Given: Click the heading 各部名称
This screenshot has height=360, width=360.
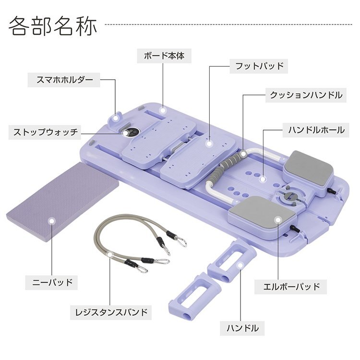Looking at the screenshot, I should tap(53, 26).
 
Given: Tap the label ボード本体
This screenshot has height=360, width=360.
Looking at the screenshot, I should tap(164, 56).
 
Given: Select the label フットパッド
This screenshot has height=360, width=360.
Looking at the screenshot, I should tap(259, 66).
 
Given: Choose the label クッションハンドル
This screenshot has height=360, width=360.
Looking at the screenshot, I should tap(306, 95).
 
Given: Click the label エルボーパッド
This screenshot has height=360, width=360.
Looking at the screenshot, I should tap(291, 287).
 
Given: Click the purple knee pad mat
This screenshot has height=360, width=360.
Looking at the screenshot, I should tap(62, 202).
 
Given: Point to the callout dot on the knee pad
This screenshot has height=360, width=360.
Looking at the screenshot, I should tap(51, 221).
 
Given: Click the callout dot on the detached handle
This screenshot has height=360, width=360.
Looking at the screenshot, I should tap(240, 265).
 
